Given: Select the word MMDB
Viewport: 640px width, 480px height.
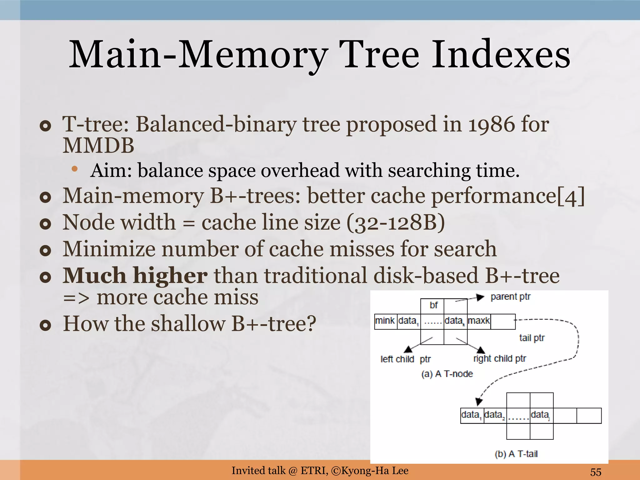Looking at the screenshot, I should coord(98,146).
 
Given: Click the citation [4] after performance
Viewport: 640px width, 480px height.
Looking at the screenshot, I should coord(571,196).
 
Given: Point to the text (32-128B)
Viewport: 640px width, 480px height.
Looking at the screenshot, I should coord(396,222).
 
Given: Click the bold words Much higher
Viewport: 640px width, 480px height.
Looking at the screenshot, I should coord(135,276).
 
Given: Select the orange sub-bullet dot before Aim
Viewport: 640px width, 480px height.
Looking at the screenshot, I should coord(74,169).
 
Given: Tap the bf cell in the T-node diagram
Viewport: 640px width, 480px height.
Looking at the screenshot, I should coord(433,305).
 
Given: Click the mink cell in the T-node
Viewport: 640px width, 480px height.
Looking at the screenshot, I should coord(385,321).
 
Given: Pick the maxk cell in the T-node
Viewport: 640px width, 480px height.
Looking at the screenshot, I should coord(478,321).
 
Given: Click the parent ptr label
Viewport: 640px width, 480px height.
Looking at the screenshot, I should coord(510,297).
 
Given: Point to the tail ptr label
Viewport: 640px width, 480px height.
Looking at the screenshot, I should coord(532,338).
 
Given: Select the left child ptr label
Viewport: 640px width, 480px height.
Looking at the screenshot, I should coord(405,359).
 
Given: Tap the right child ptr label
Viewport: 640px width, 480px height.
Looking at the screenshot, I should coord(499,358).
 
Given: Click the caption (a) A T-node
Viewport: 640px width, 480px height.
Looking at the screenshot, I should coord(447,374).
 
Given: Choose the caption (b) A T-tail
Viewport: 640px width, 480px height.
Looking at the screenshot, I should coord(516,454).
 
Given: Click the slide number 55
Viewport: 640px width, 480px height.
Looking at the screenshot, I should coord(595,472).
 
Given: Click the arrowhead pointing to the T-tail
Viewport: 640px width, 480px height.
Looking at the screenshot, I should coord(479,401).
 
